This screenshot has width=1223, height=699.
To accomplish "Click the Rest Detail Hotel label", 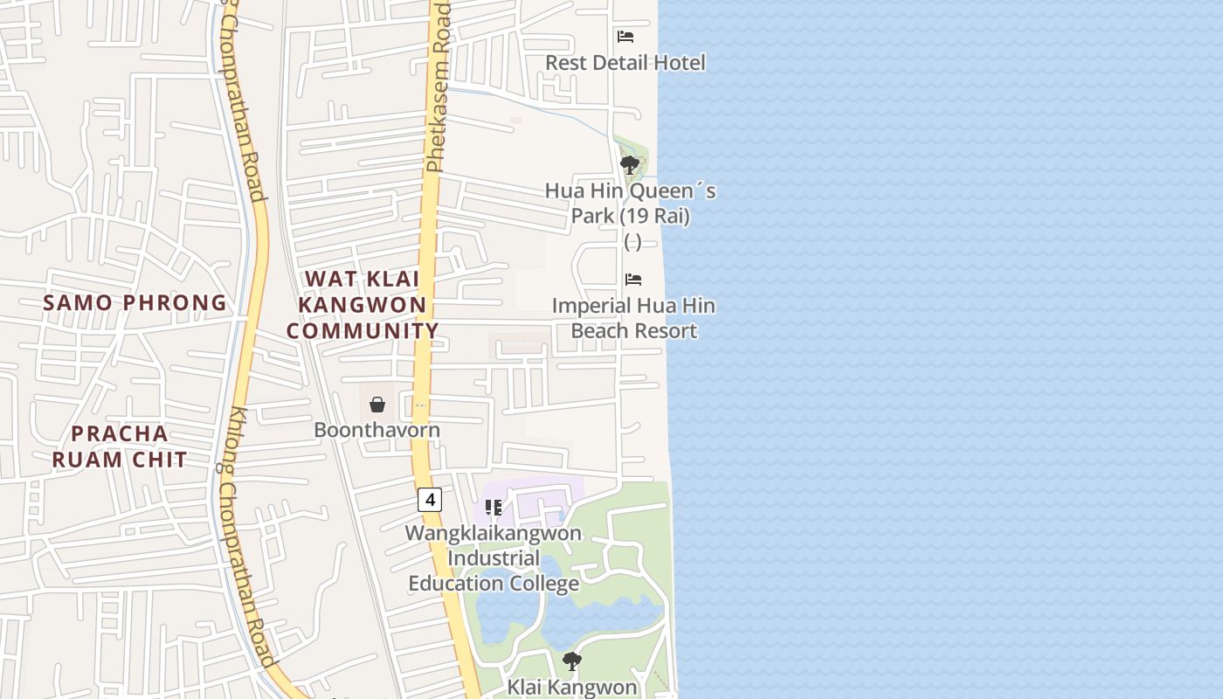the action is click(x=625, y=63).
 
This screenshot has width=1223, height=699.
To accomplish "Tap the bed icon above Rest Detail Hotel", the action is click(x=625, y=37).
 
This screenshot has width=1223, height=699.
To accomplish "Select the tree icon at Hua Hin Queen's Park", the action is click(x=629, y=164).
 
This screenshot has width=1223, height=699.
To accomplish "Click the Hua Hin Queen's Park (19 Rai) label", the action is click(x=631, y=203).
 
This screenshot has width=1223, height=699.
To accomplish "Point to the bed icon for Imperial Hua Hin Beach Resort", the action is click(x=633, y=280).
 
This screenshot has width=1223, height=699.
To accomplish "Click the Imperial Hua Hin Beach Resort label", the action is click(x=633, y=318).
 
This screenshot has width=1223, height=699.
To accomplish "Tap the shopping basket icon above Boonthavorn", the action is click(x=377, y=405).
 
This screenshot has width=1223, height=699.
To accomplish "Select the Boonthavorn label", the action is click(x=377, y=430).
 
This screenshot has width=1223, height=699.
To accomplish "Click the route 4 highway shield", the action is click(x=429, y=500).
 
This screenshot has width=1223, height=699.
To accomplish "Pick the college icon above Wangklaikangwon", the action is click(x=494, y=508).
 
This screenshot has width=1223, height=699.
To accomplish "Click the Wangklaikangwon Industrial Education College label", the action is click(x=494, y=558).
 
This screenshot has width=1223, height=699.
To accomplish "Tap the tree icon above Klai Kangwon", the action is click(x=572, y=661).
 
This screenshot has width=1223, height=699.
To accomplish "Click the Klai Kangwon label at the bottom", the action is click(x=572, y=687).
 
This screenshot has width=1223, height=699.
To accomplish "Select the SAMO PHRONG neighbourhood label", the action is click(x=135, y=303).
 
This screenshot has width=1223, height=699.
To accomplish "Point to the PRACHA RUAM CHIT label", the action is click(x=120, y=446).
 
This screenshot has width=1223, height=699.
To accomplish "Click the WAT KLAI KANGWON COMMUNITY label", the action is click(x=363, y=305).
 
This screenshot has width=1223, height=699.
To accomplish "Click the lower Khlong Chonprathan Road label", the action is click(x=254, y=537).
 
